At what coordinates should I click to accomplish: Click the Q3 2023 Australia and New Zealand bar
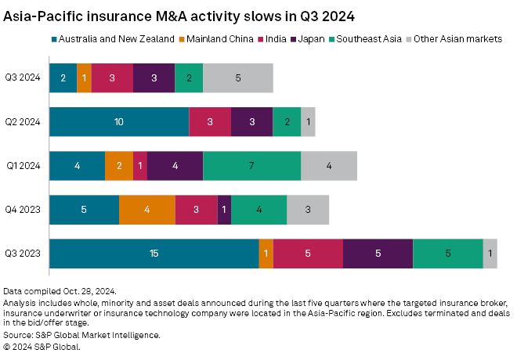tap(154, 254)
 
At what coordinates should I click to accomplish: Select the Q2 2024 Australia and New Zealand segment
tap(119, 122)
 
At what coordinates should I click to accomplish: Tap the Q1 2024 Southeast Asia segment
tap(251, 167)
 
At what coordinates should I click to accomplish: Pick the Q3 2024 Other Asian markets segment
tap(237, 78)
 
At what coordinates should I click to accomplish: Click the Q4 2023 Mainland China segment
tap(146, 211)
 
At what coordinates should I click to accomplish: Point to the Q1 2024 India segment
tap(139, 167)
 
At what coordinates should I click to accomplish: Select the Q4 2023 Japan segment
tap(224, 211)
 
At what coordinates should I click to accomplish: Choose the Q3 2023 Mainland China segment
tap(266, 254)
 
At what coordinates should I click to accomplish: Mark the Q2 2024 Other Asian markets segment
tap(308, 122)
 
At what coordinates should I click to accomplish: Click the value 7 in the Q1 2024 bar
tap(251, 167)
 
